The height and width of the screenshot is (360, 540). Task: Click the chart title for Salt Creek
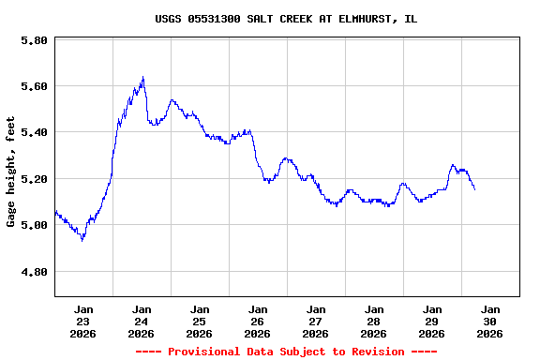pos(286,19)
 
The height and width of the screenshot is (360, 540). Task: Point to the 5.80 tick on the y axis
pos(34,41)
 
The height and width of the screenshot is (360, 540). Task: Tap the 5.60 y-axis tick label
pos(34,86)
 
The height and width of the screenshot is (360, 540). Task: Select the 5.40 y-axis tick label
pos(34,132)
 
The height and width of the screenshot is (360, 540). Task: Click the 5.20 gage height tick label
pos(34,179)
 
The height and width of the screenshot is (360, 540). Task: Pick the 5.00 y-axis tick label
pos(34,225)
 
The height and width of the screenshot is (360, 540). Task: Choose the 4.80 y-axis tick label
pos(34,272)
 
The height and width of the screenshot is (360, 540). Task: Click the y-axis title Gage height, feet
pos(11,172)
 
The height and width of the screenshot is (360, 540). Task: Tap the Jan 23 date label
pos(83,321)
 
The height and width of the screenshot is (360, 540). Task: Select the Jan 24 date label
pos(142,321)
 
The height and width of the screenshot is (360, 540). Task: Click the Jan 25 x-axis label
pos(200,321)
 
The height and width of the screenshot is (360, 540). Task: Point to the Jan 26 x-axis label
pos(258,321)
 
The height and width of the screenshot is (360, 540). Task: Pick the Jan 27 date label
pos(316,321)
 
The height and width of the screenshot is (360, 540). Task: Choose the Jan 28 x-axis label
pos(374,321)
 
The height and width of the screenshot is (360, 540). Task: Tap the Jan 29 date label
pos(432,321)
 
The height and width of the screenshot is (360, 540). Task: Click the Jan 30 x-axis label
pos(490,321)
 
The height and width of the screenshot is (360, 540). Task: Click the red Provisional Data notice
pos(286,352)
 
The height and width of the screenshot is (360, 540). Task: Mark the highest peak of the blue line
pos(142,78)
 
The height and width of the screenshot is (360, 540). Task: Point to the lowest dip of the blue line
pos(82,240)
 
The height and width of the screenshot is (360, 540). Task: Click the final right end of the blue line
pos(474,189)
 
